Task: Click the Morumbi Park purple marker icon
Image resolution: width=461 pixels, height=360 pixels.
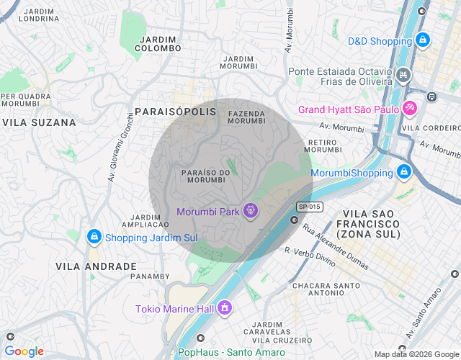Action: (x=250, y=211)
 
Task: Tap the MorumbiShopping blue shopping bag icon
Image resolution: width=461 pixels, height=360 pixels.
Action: (x=404, y=173)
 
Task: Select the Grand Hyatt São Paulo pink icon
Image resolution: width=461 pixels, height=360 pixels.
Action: (x=410, y=109)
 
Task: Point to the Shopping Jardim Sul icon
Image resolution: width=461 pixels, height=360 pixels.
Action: (x=94, y=237)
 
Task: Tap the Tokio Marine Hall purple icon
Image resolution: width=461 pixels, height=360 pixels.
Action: (x=225, y=309)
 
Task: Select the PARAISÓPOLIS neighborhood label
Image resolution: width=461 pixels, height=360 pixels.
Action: (x=175, y=112)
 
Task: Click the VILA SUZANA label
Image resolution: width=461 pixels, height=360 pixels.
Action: (x=39, y=122)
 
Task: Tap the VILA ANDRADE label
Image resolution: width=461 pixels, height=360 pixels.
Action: (x=96, y=266)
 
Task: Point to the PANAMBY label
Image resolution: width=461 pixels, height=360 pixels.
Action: (x=151, y=276)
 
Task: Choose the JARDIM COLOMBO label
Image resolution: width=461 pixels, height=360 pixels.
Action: (x=158, y=43)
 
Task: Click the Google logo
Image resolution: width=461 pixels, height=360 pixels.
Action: (x=24, y=351)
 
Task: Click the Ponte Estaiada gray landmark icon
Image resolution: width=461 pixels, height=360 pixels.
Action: (x=403, y=74)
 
